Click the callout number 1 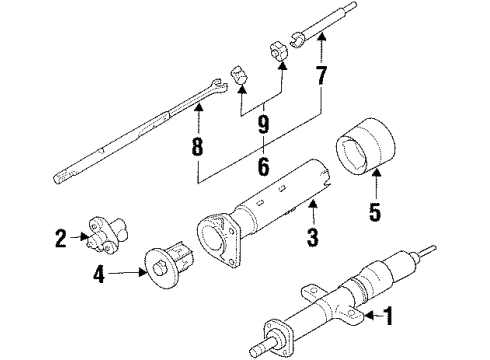click(x=388, y=316)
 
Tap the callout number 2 click(x=61, y=238)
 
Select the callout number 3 click(x=312, y=237)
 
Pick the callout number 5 click(x=375, y=212)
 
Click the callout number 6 click(x=263, y=166)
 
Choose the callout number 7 click(x=321, y=75)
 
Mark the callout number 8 click(x=197, y=146)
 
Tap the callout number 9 click(x=263, y=124)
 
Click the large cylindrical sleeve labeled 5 click(x=365, y=146)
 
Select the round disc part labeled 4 click(x=159, y=268)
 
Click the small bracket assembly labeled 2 click(x=106, y=235)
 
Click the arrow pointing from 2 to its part click(x=79, y=237)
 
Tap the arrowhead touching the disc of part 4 click(x=144, y=273)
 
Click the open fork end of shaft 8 click(x=219, y=86)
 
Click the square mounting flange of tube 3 click(x=218, y=242)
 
